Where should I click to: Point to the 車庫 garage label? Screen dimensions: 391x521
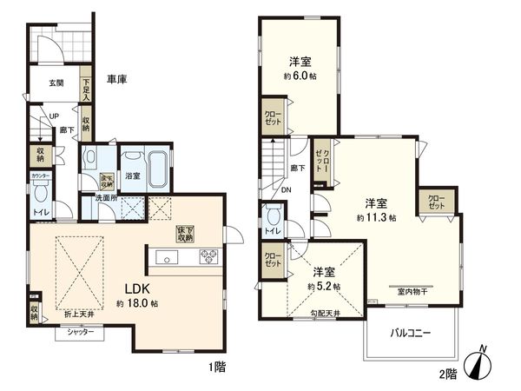point(117,79)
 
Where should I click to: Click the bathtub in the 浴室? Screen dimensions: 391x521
point(156,165)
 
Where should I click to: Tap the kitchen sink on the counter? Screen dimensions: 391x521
point(168,256)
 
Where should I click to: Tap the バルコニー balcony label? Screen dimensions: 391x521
point(411,332)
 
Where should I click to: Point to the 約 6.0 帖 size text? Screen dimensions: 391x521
point(300,76)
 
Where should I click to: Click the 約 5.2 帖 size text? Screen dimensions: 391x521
point(323,286)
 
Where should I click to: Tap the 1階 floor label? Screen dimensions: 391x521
point(217,368)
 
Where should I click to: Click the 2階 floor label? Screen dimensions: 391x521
point(449,374)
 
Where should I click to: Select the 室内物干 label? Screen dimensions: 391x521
point(412,291)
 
